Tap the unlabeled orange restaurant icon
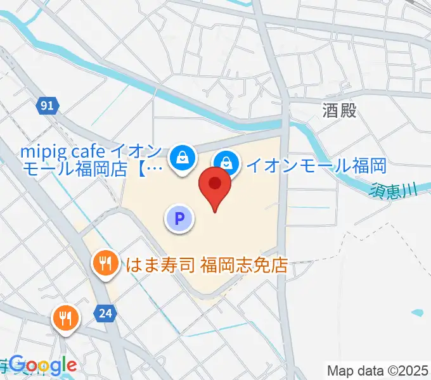point(65,317)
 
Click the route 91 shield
point(46,106)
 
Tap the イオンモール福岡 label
point(316,166)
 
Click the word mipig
point(43,153)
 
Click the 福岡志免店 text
point(244,263)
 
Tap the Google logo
point(43,365)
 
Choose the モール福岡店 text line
point(79,168)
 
